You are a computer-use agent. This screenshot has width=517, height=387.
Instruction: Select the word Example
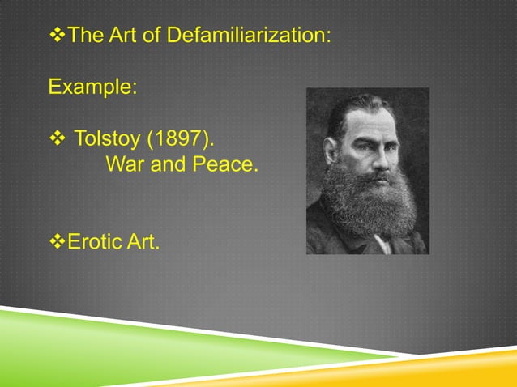pos(92,86)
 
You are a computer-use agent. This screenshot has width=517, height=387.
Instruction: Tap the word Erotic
pos(94,240)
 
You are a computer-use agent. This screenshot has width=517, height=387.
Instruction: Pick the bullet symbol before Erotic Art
pos(56,240)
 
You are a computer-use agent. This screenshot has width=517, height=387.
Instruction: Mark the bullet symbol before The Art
pos(56,36)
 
